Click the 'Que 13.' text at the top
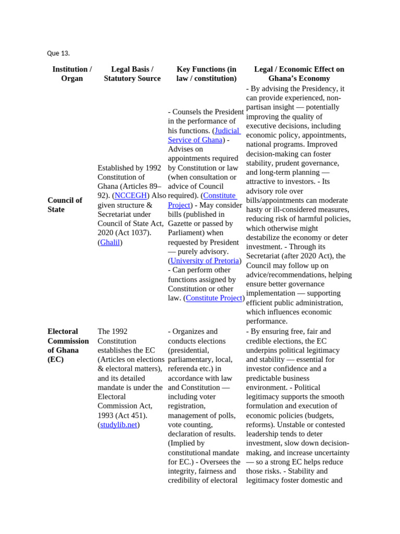58,53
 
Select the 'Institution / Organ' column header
72,74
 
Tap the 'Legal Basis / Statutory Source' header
132,74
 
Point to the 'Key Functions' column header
206,74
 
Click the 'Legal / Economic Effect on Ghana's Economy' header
299,74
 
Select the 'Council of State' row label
65,204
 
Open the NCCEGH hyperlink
131,196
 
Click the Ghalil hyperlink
110,242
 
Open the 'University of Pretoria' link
205,261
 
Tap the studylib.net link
118,425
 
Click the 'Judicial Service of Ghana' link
204,135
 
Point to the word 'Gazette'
182,224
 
